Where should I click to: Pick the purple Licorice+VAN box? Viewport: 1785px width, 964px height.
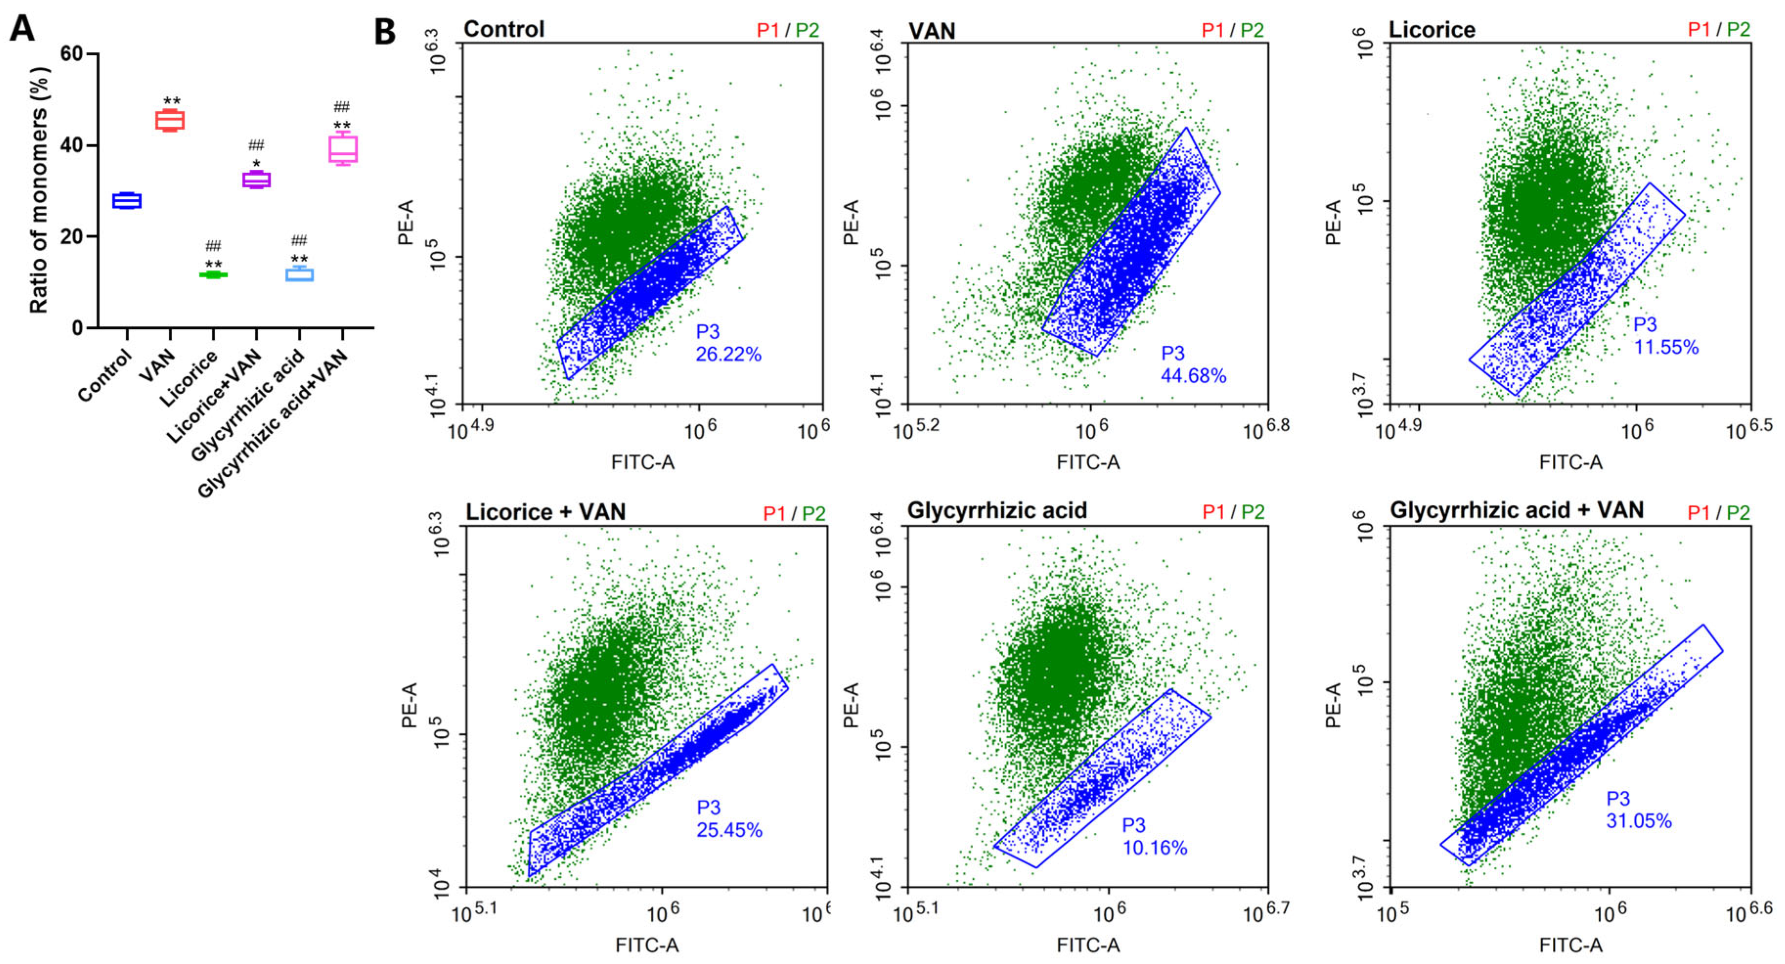tap(256, 179)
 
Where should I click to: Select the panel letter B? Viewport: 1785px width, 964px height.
tap(385, 32)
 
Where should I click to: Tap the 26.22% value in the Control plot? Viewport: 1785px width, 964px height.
tap(728, 354)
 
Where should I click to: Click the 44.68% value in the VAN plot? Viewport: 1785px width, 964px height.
tap(1193, 376)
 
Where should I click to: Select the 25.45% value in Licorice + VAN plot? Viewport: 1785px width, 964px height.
tap(729, 829)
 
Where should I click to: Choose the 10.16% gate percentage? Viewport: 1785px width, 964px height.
tap(1154, 848)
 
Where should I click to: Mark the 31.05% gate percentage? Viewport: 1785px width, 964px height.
tap(1639, 821)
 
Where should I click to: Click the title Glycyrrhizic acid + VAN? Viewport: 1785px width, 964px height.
tap(1517, 511)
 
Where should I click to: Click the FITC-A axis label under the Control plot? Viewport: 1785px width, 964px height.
tap(642, 462)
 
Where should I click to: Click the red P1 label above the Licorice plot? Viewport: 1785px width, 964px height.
tap(1698, 30)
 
